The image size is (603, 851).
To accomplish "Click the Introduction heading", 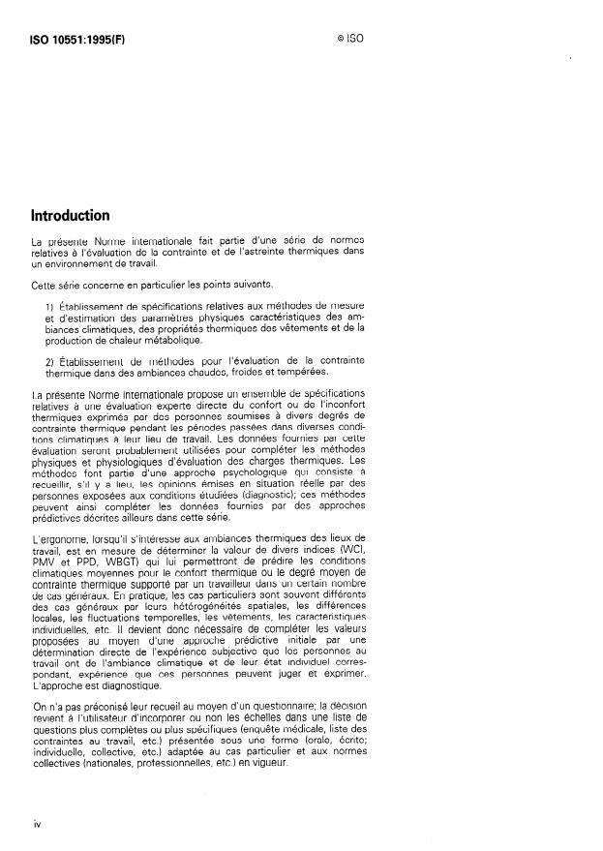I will (x=70, y=215).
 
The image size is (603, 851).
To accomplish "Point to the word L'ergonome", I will (x=59, y=537).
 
